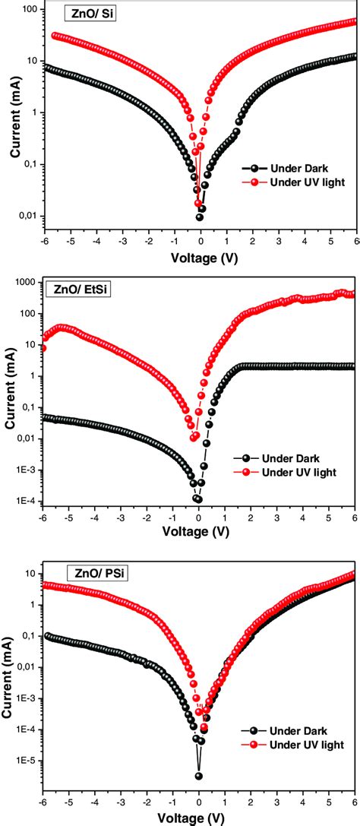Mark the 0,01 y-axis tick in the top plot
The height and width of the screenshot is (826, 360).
28,217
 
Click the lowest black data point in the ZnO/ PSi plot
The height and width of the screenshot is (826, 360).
199,776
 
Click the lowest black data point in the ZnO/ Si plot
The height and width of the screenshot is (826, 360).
200,217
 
